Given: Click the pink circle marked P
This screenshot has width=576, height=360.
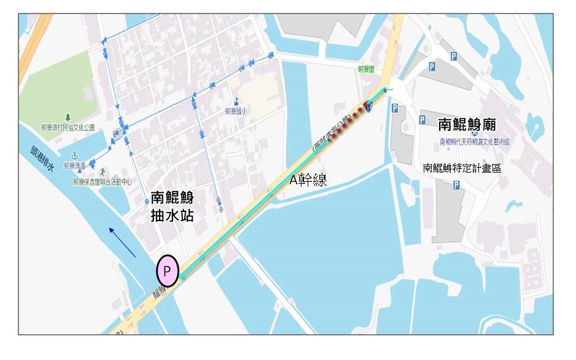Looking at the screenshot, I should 167,270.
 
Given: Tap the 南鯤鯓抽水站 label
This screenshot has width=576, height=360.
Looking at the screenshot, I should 172,206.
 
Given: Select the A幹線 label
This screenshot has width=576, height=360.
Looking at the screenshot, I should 308,180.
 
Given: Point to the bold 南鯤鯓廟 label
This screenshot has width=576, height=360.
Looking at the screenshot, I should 467,125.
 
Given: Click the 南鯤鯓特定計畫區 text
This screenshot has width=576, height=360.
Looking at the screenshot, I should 462,167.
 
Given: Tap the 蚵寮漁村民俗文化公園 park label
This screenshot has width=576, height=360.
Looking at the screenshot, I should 68,128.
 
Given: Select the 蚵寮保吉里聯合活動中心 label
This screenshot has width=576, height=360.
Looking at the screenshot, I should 102,182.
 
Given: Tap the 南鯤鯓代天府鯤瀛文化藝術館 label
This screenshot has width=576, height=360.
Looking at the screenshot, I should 475,142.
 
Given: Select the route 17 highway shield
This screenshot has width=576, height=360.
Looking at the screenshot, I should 369,107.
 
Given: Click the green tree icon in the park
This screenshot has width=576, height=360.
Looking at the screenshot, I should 68,117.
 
